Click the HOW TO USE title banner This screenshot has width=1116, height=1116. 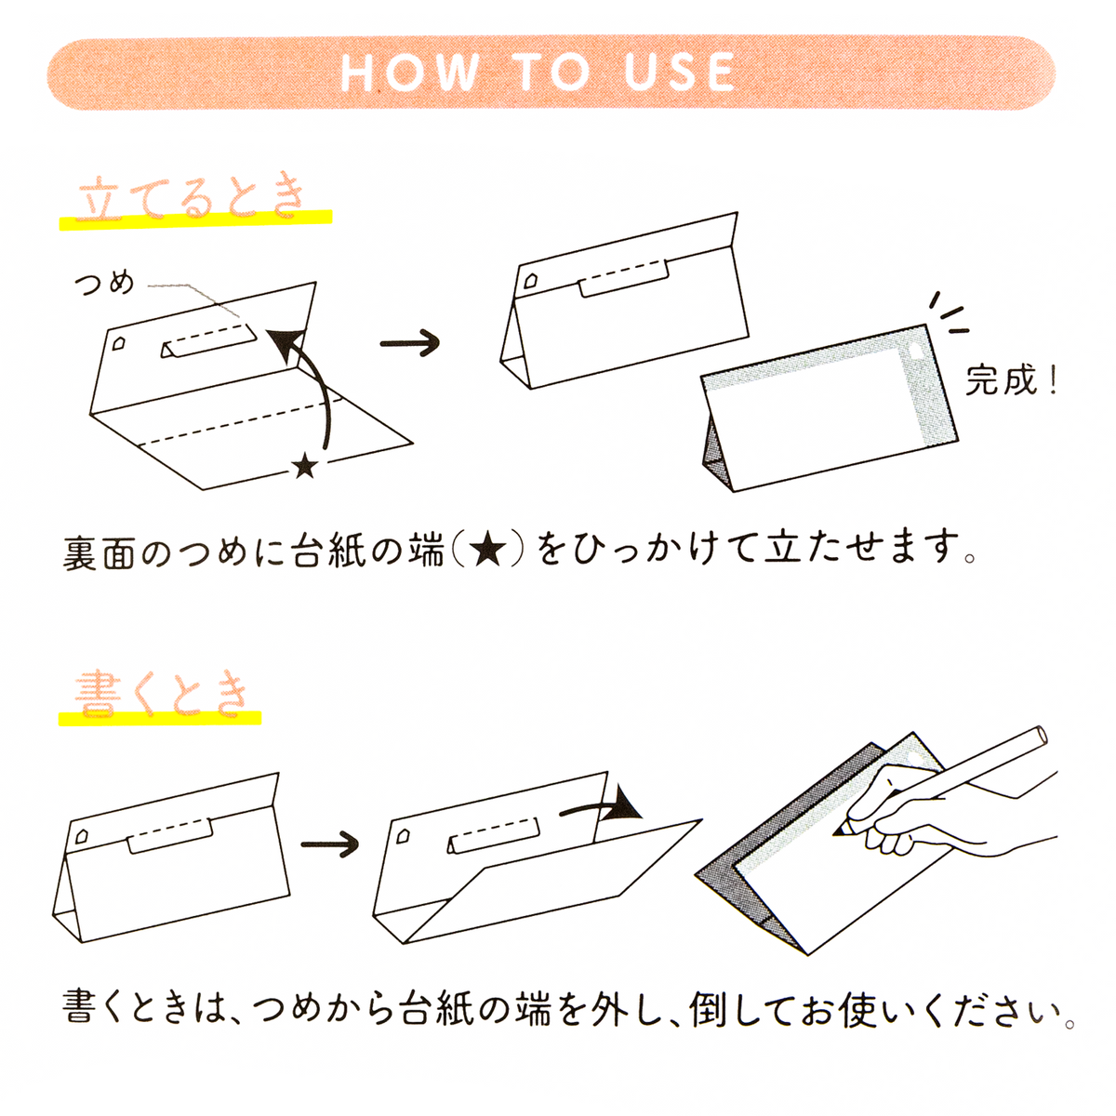551,73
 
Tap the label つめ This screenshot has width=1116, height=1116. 104,283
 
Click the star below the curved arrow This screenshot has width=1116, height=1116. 304,466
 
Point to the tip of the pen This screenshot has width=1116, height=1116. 838,830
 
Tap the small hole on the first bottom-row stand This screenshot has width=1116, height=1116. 82,834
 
